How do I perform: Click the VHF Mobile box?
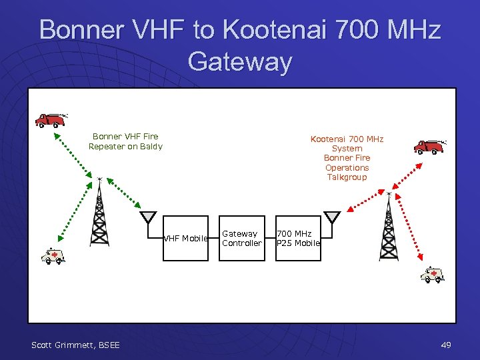[187, 239]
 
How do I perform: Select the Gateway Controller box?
[242, 239]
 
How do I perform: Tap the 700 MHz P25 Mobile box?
[298, 239]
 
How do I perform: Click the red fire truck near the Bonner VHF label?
[51, 119]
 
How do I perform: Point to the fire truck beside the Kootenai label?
[429, 146]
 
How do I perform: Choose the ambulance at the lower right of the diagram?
[433, 274]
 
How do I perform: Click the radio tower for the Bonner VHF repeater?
[99, 213]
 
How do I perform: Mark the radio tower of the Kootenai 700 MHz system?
[389, 227]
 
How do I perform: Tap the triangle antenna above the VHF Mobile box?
[148, 218]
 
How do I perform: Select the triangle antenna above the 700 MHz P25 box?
[331, 217]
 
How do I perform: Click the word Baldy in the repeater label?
[151, 147]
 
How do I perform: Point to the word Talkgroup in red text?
[347, 177]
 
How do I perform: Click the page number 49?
[446, 345]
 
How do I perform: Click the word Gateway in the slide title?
[240, 61]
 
